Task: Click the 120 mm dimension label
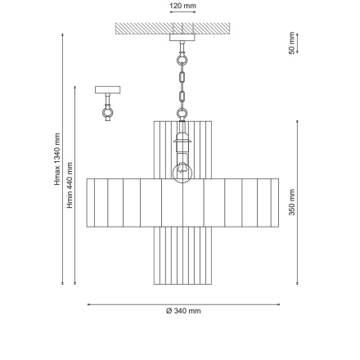pos(182,6)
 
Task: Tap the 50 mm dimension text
pos(292,43)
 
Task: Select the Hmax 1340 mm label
pos(57,160)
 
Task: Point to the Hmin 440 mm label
pos(70,185)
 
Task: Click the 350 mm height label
pos(292,202)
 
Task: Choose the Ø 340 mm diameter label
pos(183,311)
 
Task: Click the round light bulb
pos(182,173)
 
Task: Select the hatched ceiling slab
pos(173,29)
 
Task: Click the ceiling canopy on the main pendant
pos(182,38)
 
